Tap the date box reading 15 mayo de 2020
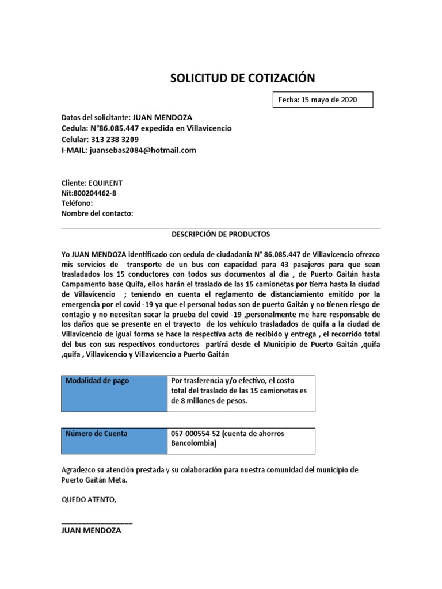pos(322,100)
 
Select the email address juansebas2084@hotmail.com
pos(143,150)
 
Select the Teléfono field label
pos(77,203)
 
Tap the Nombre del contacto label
pos(97,213)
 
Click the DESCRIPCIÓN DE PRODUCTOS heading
pos(220,235)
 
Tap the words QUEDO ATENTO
pos(89,500)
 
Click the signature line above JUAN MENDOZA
pos(97,522)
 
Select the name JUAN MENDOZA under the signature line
pos(91,531)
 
